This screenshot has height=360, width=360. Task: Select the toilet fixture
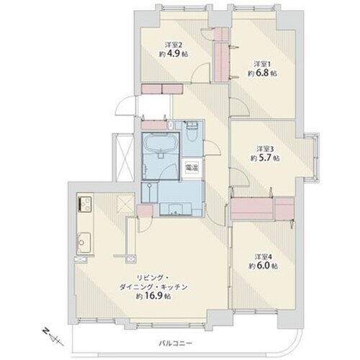pyautogui.click(x=192, y=133)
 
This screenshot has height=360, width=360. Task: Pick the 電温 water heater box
pyautogui.click(x=192, y=168)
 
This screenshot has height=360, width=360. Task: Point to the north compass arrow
pyautogui.click(x=48, y=332)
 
